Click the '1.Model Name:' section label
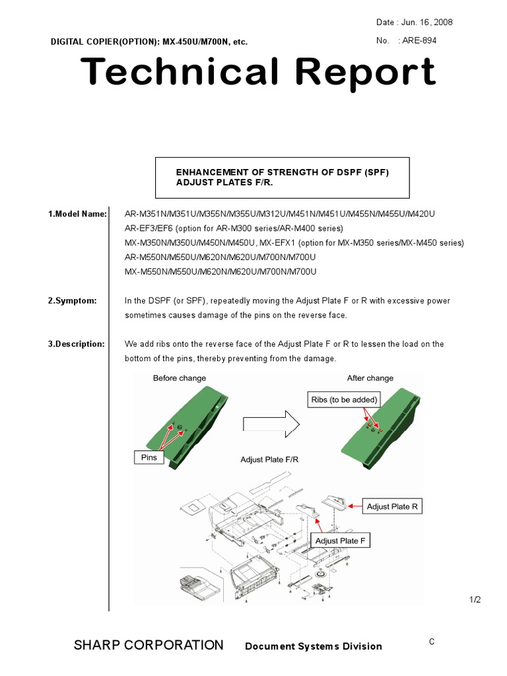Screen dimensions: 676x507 pyautogui.click(x=77, y=214)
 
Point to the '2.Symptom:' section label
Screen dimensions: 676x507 pyautogui.click(x=72, y=300)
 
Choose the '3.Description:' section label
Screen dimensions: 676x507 pyautogui.click(x=76, y=344)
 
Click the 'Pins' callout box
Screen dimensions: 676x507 pyautogui.click(x=149, y=457)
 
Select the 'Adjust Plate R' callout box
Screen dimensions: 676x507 pyautogui.click(x=392, y=506)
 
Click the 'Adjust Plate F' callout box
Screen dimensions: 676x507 pyautogui.click(x=340, y=541)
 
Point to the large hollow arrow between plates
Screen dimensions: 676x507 pyautogui.click(x=270, y=424)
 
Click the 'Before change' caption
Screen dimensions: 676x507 pyautogui.click(x=180, y=378)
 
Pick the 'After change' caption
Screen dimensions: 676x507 pyautogui.click(x=370, y=378)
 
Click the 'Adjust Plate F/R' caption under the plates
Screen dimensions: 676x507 pyautogui.click(x=269, y=459)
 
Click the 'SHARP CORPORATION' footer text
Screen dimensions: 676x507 pyautogui.click(x=149, y=645)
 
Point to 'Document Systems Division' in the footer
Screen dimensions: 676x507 pyautogui.click(x=313, y=646)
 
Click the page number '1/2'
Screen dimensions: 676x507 pyautogui.click(x=475, y=599)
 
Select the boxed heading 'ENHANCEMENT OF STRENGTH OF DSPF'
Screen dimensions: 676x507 pyautogui.click(x=282, y=178)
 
